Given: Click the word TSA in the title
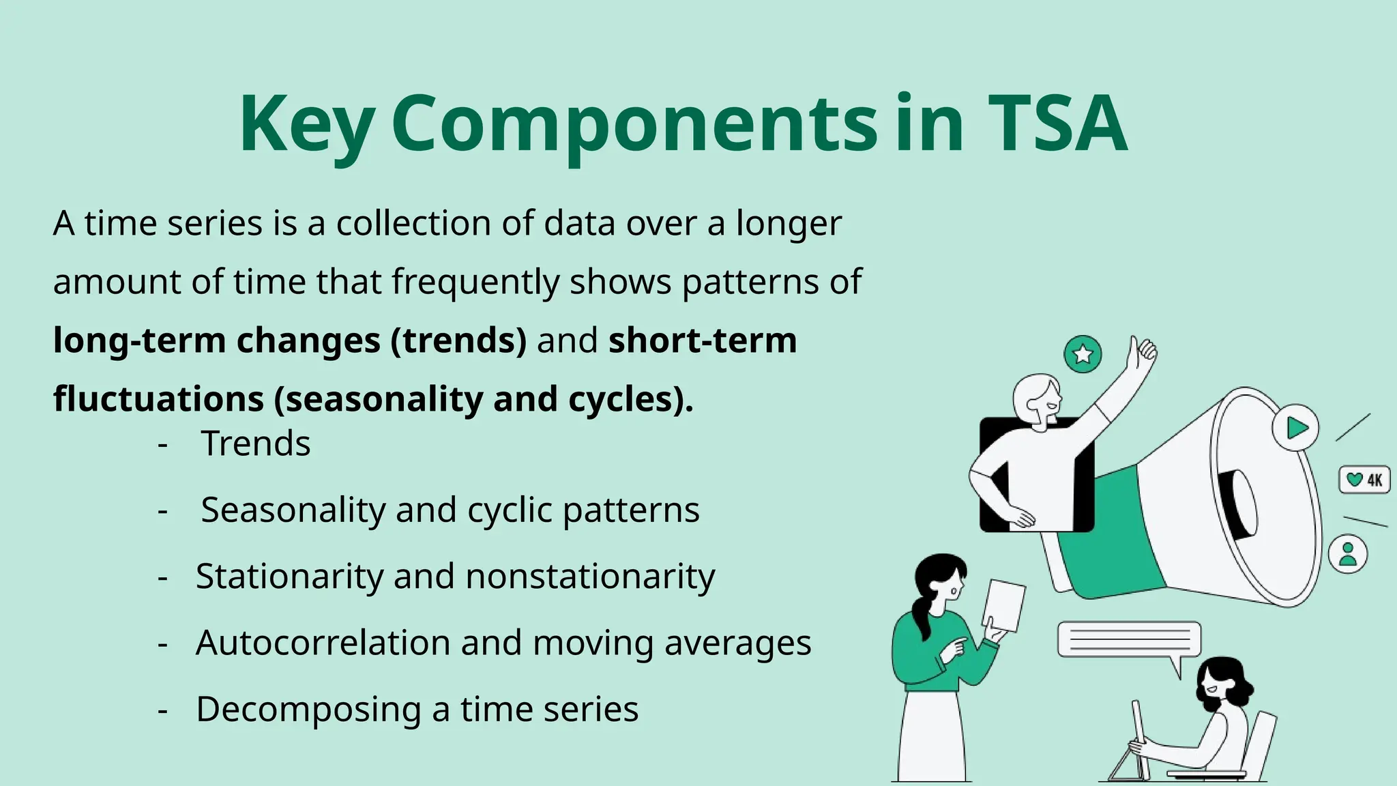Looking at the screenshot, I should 1057,124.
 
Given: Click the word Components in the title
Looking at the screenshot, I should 634,124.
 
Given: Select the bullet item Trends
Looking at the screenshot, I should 256,443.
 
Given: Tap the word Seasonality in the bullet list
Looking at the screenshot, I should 293,510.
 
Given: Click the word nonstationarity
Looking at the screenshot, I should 590,577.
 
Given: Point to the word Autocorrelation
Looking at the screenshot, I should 323,643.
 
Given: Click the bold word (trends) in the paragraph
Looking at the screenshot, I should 458,340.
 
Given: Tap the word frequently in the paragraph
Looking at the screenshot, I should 475,282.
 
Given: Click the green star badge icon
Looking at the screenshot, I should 1083,354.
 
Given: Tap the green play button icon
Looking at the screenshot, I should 1295,428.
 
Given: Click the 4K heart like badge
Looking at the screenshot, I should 1364,480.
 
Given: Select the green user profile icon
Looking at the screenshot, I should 1348,554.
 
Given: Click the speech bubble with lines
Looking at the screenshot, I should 1129,639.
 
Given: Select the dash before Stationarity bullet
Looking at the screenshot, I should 162,577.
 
